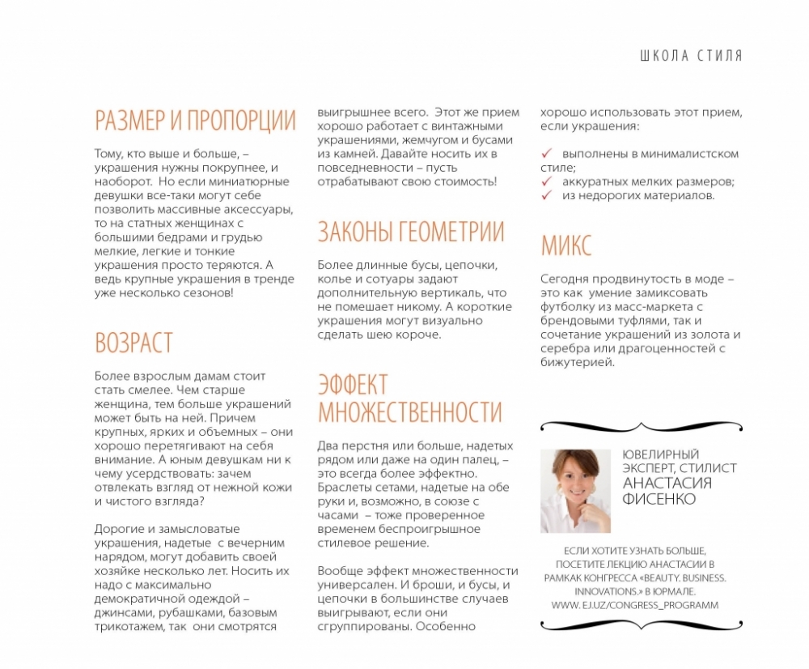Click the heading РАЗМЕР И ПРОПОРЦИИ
click(x=195, y=120)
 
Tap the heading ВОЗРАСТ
click(x=133, y=342)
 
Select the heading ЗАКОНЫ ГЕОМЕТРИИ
click(x=410, y=232)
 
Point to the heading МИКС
click(x=566, y=245)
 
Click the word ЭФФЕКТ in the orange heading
click(x=353, y=384)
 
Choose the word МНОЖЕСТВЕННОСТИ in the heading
click(x=410, y=412)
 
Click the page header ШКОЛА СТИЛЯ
click(x=690, y=56)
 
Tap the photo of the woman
click(x=575, y=491)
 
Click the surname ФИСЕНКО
click(x=659, y=499)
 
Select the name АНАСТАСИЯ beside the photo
click(x=667, y=484)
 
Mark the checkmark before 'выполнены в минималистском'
click(x=547, y=153)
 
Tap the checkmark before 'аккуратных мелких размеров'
click(x=547, y=181)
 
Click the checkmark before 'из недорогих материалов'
click(x=547, y=195)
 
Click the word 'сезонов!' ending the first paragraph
click(x=210, y=292)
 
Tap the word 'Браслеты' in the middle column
click(x=344, y=488)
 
